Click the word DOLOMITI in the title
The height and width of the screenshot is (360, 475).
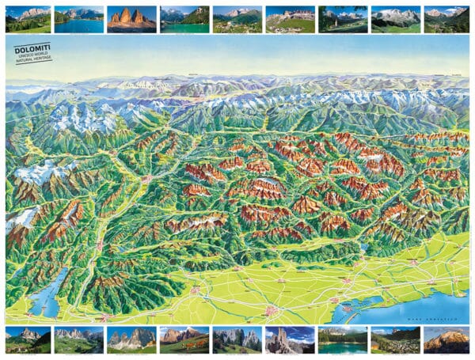32,49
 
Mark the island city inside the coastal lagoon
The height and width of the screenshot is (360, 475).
346,302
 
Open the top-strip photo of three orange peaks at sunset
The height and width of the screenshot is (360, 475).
131,20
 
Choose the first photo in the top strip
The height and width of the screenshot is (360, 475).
27,20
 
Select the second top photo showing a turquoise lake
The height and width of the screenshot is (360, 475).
79,20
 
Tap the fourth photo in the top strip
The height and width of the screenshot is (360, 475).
184,20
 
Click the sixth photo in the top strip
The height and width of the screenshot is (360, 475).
290,20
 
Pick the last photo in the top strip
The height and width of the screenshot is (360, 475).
446,20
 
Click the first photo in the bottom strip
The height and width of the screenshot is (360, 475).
27,340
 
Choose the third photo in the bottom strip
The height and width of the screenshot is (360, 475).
131,340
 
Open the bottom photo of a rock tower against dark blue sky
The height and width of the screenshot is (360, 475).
290,340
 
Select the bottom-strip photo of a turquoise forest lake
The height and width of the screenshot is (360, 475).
342,340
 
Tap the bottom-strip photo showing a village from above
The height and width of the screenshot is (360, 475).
394,340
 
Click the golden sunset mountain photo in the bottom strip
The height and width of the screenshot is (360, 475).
446,340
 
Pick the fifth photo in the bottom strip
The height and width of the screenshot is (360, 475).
237,340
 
